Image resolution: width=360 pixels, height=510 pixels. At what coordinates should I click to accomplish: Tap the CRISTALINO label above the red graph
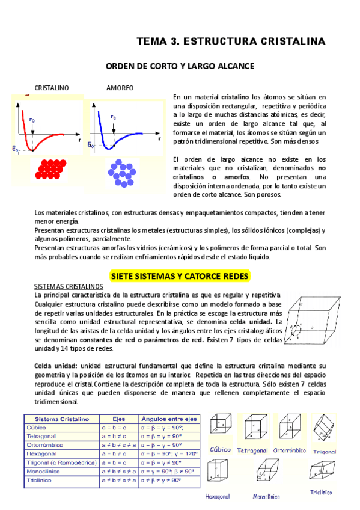(x=51, y=88)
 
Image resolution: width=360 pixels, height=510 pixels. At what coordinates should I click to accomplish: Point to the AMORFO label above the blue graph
(x=120, y=88)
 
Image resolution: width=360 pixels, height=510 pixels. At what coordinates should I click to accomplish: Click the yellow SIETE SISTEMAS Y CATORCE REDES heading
(x=180, y=275)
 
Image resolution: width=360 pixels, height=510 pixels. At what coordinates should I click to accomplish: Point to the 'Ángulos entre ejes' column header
(x=169, y=419)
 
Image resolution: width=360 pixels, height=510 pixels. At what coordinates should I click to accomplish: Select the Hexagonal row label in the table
(x=43, y=453)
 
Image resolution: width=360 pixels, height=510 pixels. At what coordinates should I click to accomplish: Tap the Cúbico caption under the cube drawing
(x=220, y=449)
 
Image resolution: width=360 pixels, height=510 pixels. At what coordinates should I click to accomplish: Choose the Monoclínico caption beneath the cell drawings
(x=267, y=497)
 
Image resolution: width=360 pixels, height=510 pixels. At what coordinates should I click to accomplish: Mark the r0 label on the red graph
(x=32, y=120)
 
